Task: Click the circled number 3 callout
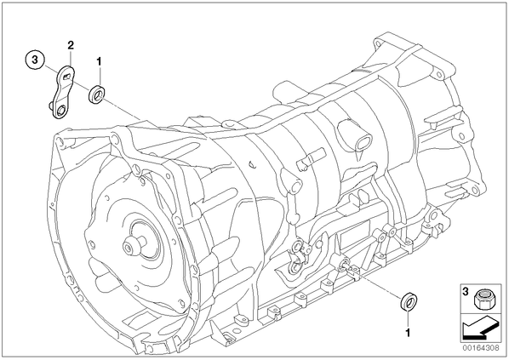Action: (x=35, y=60)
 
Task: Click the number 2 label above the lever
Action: (x=71, y=45)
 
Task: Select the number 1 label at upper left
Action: (x=99, y=60)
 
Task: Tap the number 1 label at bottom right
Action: (x=408, y=333)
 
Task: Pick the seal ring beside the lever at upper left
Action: (x=96, y=94)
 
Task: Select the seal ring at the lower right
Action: (x=409, y=301)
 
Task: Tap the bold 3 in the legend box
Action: (x=466, y=292)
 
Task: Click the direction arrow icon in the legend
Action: (x=480, y=329)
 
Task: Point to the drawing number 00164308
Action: (x=481, y=348)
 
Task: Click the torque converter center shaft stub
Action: (x=134, y=244)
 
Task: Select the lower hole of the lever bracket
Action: (x=61, y=111)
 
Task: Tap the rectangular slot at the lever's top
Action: (x=67, y=76)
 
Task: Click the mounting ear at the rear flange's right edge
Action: (x=475, y=191)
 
